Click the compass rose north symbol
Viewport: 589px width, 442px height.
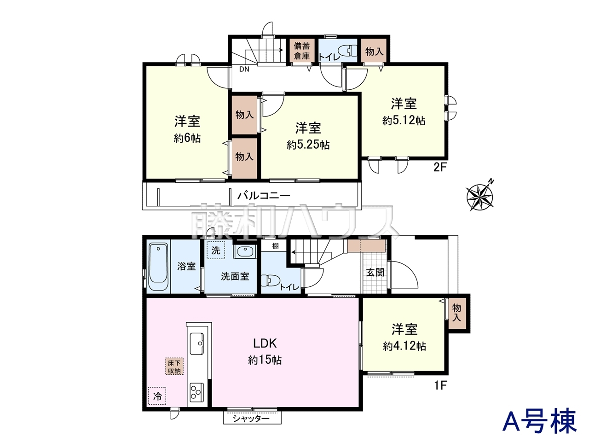pos(480,195)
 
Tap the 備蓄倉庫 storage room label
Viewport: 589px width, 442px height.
pos(302,51)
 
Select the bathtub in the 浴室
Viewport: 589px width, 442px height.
pos(158,267)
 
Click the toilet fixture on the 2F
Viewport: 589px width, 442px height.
pos(347,51)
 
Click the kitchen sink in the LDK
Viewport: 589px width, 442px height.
pos(196,343)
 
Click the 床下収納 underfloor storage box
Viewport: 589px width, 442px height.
pos(174,366)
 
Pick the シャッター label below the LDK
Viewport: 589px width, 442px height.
pos(251,419)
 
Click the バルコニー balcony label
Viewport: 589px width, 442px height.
pos(264,196)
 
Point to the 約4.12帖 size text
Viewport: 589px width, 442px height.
pos(404,346)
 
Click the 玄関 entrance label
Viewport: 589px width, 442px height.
pos(375,273)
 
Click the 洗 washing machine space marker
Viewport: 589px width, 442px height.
pos(216,250)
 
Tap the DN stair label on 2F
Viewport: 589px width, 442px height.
pos(244,69)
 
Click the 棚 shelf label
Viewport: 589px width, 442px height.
pos(275,246)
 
